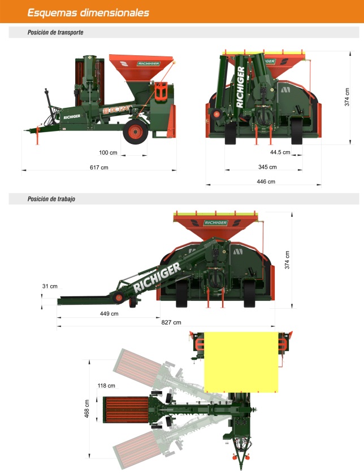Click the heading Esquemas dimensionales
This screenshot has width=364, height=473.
88,12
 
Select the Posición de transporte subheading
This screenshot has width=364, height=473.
55,32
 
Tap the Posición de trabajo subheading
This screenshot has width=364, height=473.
51,199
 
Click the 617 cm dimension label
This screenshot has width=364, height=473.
99,168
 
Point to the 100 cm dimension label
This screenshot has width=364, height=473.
108,152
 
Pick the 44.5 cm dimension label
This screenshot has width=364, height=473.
280,152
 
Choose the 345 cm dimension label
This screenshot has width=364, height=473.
267,167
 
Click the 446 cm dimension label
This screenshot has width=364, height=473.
266,182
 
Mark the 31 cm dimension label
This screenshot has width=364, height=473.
50,286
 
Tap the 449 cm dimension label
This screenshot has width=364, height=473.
109,314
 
